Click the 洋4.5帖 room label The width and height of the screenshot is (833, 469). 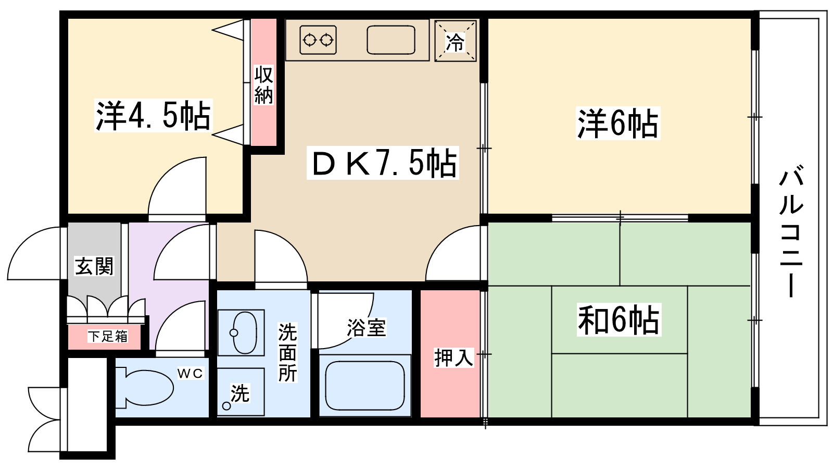point(153,115)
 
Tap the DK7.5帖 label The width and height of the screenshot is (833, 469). point(383,163)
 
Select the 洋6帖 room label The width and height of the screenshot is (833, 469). point(617,123)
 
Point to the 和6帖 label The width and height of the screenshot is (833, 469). point(619,319)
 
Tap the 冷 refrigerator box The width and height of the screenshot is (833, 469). point(456,41)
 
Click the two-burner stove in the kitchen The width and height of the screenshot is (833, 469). point(318,40)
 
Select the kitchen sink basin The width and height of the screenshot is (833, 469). point(391,40)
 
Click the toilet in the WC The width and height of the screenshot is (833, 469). point(145,388)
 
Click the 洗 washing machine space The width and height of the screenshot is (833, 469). point(241,392)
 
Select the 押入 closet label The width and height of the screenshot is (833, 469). point(453,357)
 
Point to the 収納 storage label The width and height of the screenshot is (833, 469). point(263,85)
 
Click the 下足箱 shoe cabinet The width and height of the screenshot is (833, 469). point(105,337)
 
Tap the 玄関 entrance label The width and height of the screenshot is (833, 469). point(94,266)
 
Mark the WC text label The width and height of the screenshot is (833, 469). point(191,373)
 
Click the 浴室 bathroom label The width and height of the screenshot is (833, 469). point(367,327)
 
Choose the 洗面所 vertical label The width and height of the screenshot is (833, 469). point(288,352)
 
